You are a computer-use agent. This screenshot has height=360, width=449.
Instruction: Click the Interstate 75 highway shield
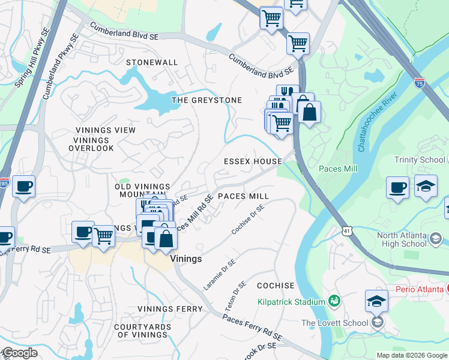[419, 83]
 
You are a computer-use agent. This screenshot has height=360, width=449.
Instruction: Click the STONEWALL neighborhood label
[152, 62]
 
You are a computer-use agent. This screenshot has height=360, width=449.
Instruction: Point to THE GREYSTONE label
[206, 100]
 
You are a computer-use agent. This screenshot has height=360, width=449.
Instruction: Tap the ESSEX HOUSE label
[253, 161]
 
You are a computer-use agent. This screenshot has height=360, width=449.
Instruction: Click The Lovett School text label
[335, 323]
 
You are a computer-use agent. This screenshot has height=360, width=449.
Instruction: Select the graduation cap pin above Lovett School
[376, 301]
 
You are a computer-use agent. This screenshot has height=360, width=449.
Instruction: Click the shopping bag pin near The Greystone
[309, 112]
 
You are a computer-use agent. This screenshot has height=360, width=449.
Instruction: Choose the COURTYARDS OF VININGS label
[140, 331]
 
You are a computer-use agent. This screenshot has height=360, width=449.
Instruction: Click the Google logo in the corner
[20, 353]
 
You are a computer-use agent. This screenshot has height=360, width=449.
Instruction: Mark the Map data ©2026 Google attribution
[411, 355]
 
